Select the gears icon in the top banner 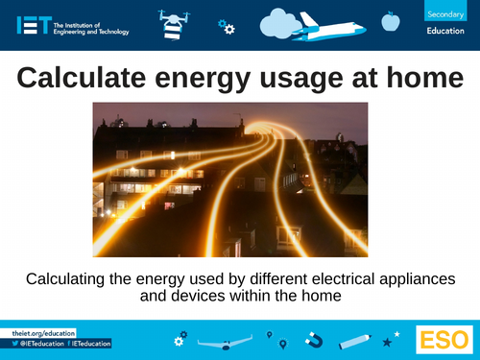click(x=226, y=26)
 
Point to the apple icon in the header click(x=390, y=19)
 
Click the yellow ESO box click(x=443, y=340)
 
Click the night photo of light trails click(x=229, y=180)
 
